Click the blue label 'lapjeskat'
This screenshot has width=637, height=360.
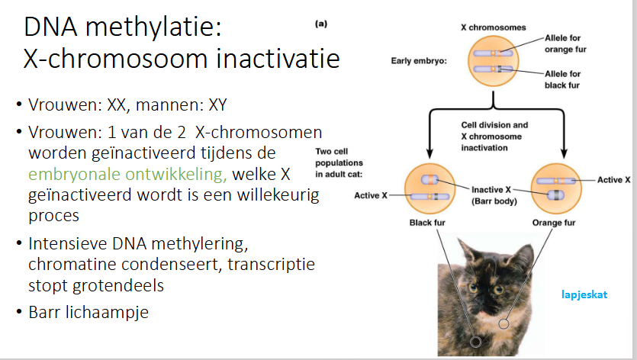click(x=584, y=292)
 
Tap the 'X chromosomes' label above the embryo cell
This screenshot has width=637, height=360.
click(x=493, y=27)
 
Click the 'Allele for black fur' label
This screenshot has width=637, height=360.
click(x=564, y=79)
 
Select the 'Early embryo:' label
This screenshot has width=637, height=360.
click(x=420, y=60)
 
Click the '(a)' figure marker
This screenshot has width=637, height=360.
click(x=321, y=24)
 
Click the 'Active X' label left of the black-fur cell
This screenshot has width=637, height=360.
click(x=372, y=196)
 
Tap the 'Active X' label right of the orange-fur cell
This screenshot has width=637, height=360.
click(x=613, y=180)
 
